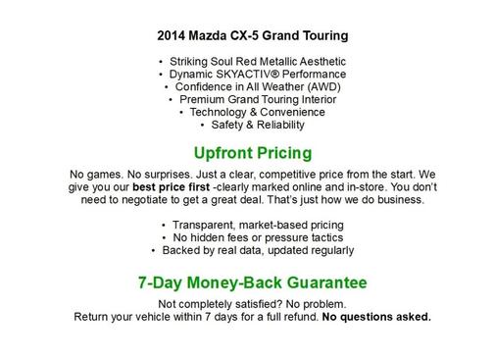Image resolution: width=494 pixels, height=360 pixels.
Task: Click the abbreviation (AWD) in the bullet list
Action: pos(317,87)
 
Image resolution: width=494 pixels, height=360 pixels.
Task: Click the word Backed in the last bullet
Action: pos(192,251)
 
